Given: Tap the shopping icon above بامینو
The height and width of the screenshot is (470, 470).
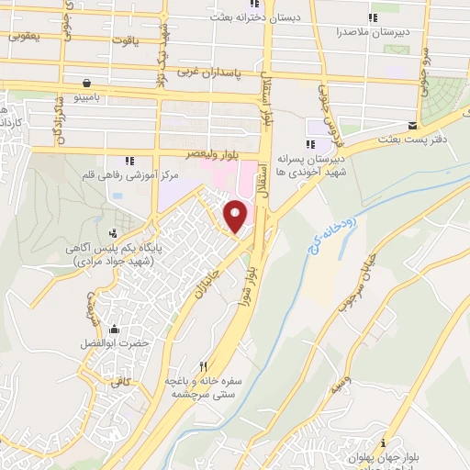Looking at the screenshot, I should tap(85, 82).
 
